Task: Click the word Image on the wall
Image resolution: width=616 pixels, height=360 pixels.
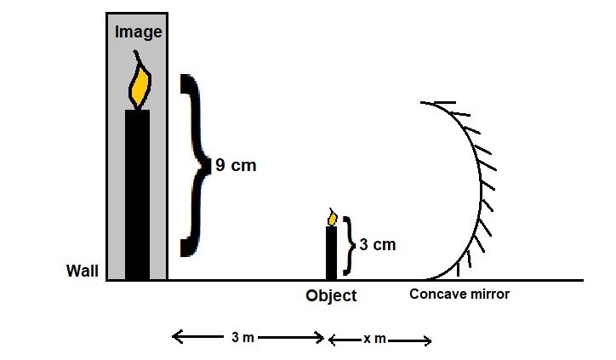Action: (x=138, y=32)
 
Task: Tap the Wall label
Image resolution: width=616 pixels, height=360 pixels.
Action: (x=83, y=271)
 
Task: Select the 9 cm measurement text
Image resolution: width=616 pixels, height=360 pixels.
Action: (x=235, y=166)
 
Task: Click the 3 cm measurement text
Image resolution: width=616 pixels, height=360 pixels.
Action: (x=377, y=244)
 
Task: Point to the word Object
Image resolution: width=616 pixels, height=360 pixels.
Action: (x=331, y=296)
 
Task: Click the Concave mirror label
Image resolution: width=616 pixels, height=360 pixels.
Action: (x=459, y=294)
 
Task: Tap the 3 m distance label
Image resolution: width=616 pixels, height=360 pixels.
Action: (x=242, y=338)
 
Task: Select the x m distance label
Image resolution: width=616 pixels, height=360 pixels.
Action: (x=375, y=339)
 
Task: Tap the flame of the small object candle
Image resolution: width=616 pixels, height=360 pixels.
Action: (x=332, y=219)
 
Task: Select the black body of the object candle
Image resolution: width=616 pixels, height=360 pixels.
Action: (x=331, y=253)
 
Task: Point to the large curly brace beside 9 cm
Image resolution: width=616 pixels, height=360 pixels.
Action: (x=195, y=165)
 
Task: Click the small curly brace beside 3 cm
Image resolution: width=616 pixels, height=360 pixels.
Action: (x=347, y=245)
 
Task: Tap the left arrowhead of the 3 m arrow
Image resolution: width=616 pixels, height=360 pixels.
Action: (x=176, y=337)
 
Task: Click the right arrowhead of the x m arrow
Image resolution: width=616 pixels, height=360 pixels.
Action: (x=427, y=342)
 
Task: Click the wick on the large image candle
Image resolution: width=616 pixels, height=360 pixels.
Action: (x=137, y=58)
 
